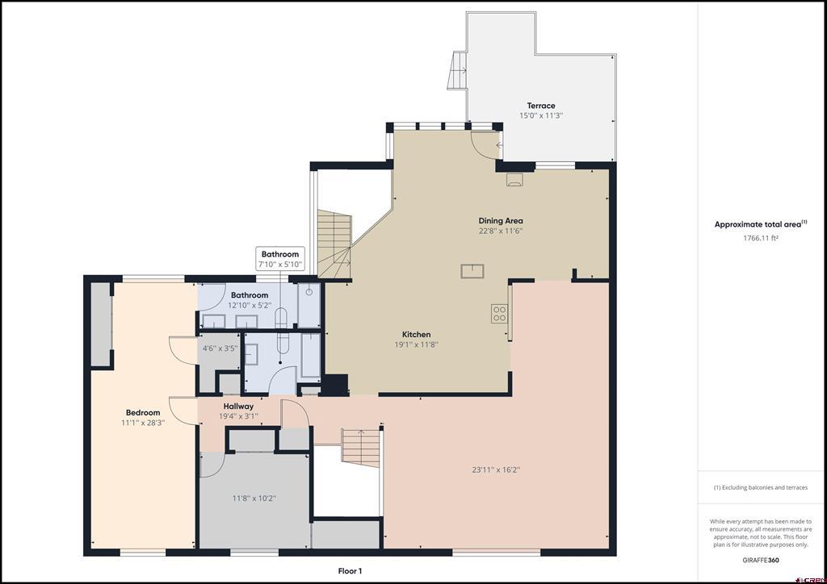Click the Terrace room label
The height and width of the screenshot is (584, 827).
click(541, 106)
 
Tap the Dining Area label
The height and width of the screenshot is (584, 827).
click(501, 221)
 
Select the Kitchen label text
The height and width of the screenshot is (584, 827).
click(417, 335)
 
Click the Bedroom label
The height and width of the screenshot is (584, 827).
click(143, 413)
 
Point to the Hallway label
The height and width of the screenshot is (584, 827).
click(238, 407)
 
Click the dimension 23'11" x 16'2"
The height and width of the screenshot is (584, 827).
click(496, 469)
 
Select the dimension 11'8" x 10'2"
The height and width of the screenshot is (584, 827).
click(254, 498)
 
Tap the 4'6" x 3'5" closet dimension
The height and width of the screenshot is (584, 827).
click(220, 348)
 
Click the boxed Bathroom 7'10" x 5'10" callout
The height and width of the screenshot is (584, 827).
click(280, 259)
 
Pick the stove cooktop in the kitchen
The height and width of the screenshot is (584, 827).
click(499, 314)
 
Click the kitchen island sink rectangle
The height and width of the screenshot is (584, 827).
click(472, 271)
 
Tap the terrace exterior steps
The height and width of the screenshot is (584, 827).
click(458, 70)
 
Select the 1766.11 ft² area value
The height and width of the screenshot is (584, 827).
click(761, 238)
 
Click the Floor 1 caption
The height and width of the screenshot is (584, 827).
click(351, 571)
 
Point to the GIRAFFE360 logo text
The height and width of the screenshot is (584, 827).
click(761, 561)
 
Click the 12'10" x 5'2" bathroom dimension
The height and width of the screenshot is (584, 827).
click(250, 306)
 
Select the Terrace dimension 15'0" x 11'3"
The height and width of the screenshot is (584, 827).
click(541, 115)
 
